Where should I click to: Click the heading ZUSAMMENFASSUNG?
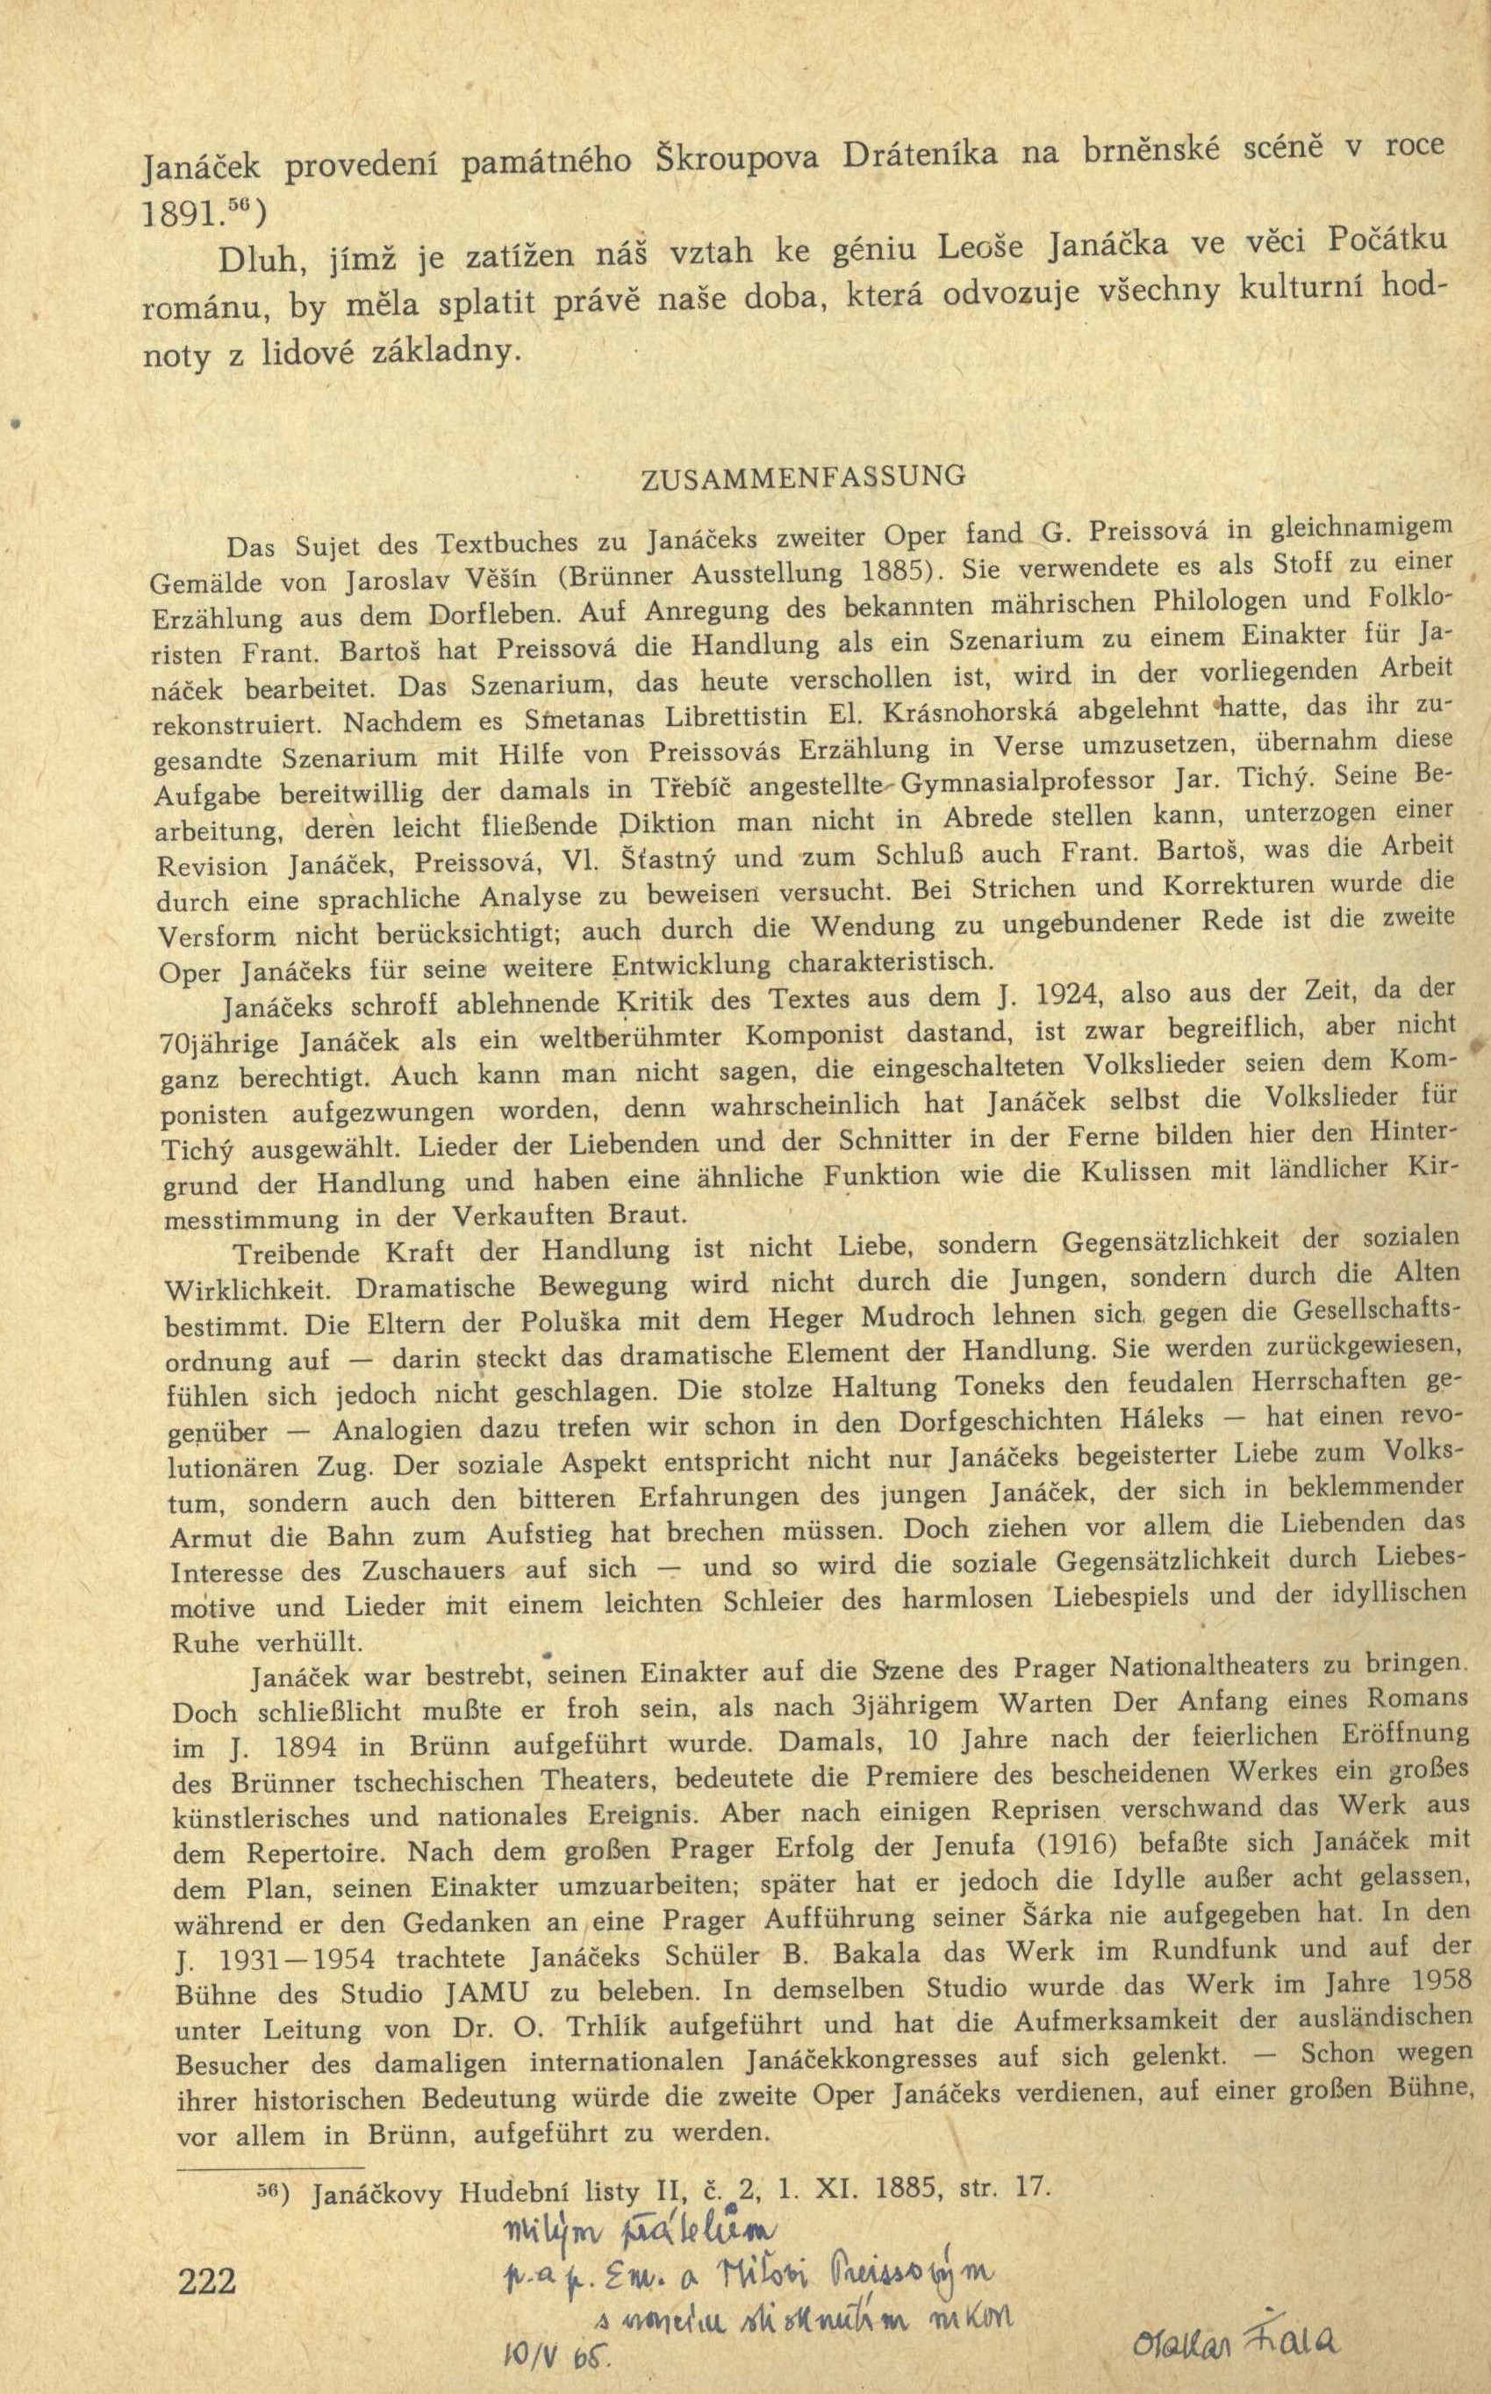pos(803,478)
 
